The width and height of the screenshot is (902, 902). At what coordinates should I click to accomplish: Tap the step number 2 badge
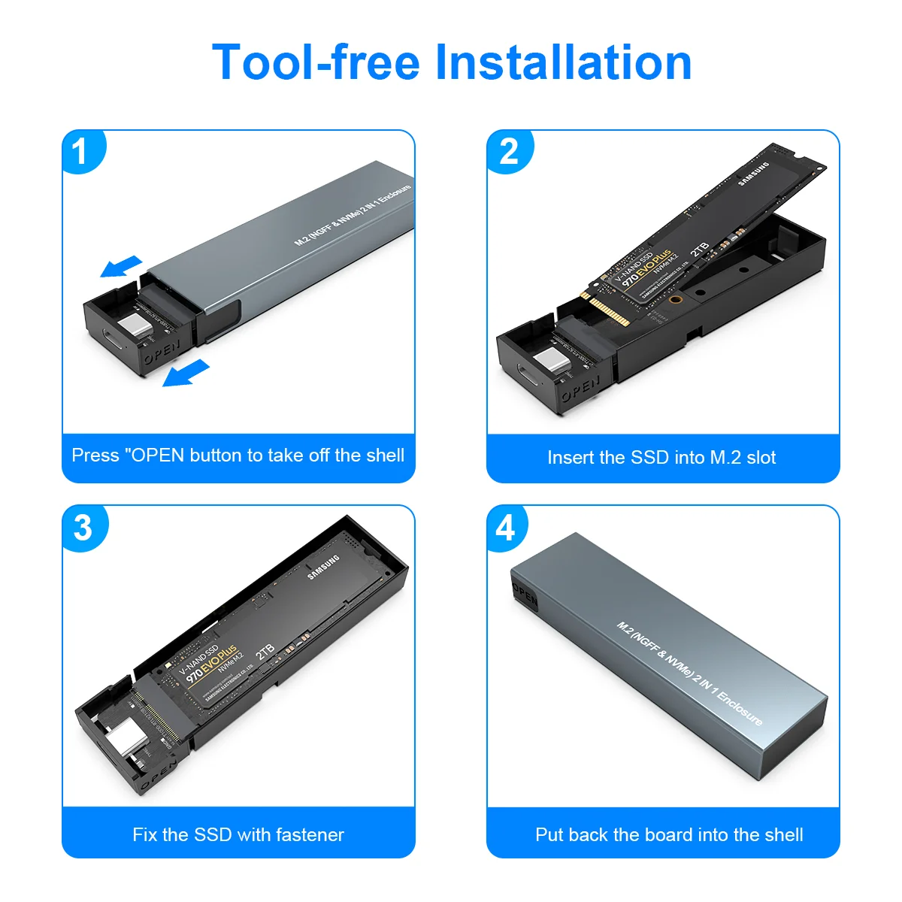509,153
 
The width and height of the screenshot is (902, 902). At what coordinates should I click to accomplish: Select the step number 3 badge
83,528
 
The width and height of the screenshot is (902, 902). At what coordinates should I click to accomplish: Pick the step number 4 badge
506,528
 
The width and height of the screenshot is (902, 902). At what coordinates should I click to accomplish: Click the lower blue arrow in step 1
186,372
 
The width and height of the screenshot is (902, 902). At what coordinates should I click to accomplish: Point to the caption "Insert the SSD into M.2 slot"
661,457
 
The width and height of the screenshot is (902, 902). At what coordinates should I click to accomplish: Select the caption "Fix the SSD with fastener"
238,834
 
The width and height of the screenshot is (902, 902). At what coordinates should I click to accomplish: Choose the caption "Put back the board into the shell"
669,834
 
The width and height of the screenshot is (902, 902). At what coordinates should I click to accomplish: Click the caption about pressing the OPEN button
238,456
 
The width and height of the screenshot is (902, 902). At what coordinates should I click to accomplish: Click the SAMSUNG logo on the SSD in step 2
753,174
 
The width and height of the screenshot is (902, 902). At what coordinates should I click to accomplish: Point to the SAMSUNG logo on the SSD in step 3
324,568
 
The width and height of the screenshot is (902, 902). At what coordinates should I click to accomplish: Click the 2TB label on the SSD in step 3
265,651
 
